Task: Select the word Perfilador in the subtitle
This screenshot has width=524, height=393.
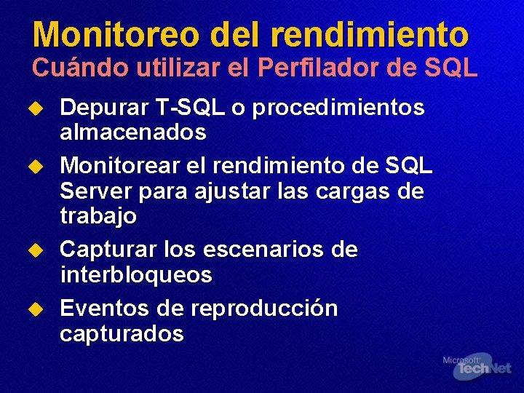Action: tap(326, 68)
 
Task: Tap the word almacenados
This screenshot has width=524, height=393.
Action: tap(133, 133)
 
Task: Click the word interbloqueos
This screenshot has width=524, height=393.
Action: tap(136, 275)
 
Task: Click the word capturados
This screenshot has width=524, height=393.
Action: tap(122, 334)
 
